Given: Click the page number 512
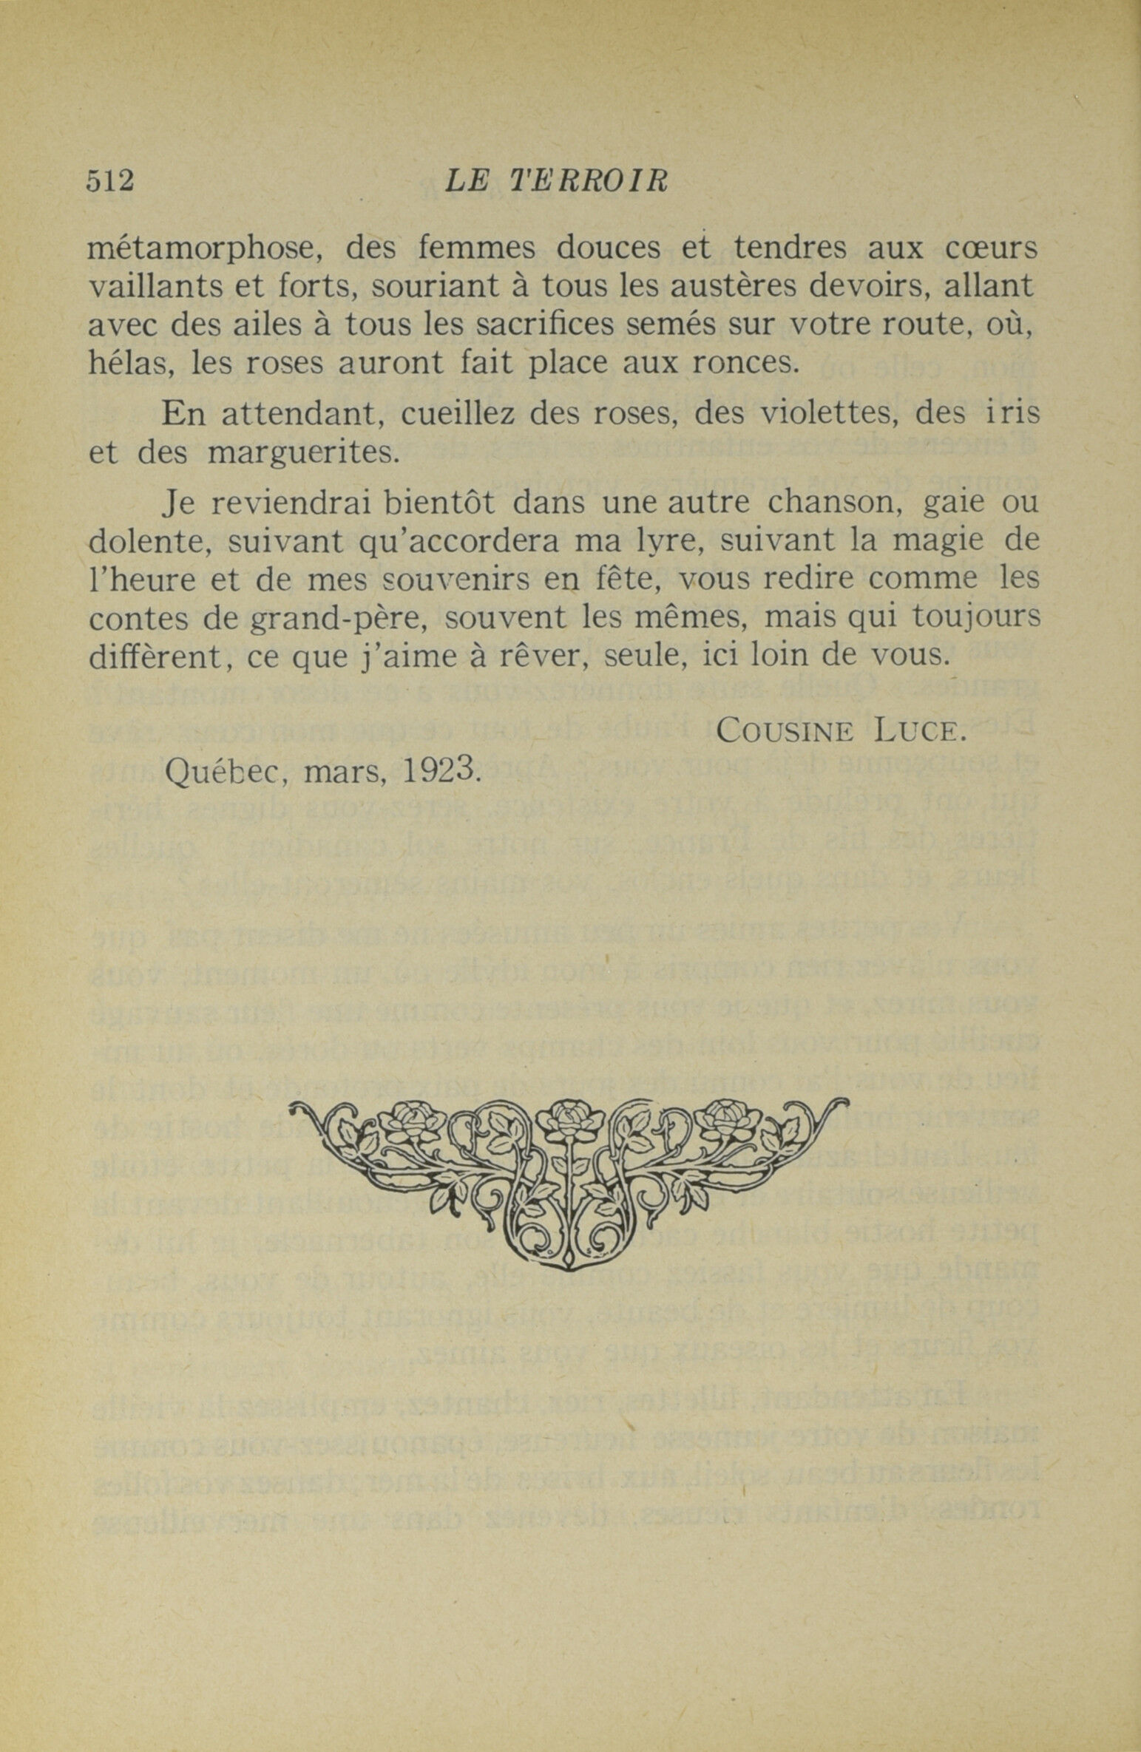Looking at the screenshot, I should [x=110, y=181].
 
